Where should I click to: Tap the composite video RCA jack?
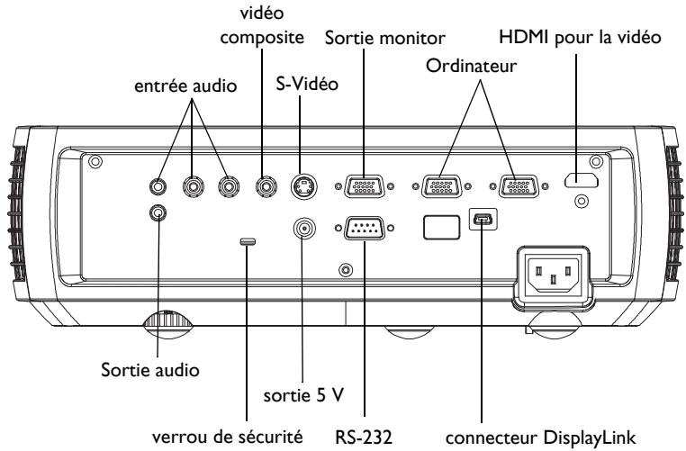pyautogui.click(x=266, y=186)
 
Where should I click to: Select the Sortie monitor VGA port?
pyautogui.click(x=364, y=187)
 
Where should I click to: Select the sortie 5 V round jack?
pyautogui.click(x=306, y=229)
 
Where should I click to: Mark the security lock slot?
pyautogui.click(x=248, y=241)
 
